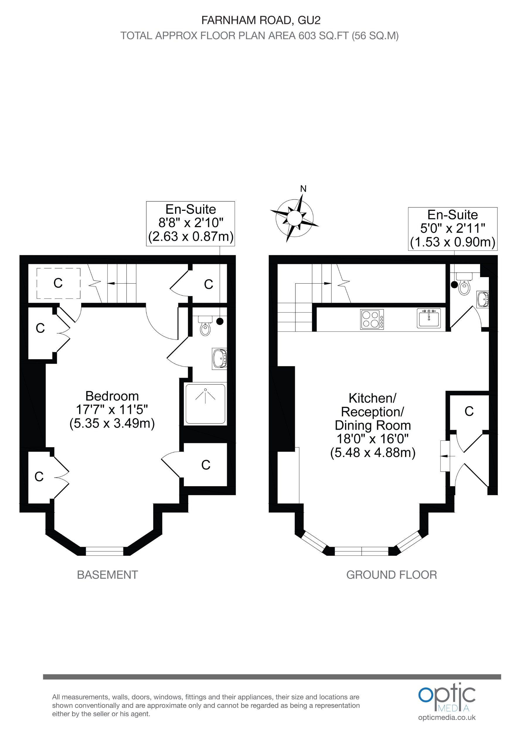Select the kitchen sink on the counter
click(x=429, y=318)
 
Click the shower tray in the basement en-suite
click(x=205, y=403)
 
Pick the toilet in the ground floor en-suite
click(x=464, y=286)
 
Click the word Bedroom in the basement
click(x=112, y=396)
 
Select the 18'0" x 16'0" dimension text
click(x=373, y=439)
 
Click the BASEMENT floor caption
click(x=108, y=575)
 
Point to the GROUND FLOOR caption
click(x=391, y=575)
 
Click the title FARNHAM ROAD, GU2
click(x=261, y=20)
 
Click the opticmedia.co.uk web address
click(x=447, y=717)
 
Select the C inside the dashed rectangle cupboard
click(x=58, y=283)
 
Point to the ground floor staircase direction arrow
click(x=327, y=283)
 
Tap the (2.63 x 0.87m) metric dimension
click(x=191, y=237)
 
